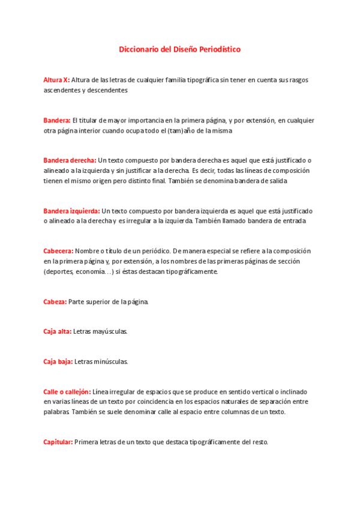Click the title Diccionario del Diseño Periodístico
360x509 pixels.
point(179,49)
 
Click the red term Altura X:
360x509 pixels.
point(56,79)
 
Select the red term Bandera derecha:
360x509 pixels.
point(70,160)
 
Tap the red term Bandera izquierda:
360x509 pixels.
point(71,211)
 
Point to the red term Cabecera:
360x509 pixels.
point(58,251)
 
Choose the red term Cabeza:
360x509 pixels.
point(55,301)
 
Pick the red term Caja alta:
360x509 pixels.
point(57,331)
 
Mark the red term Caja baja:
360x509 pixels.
point(58,361)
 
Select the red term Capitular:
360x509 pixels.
point(58,442)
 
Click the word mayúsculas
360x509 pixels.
point(111,331)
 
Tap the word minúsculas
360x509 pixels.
point(112,361)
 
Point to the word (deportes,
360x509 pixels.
point(58,272)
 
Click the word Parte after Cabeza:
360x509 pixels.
point(77,301)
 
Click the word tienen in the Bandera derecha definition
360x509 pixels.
point(53,181)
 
